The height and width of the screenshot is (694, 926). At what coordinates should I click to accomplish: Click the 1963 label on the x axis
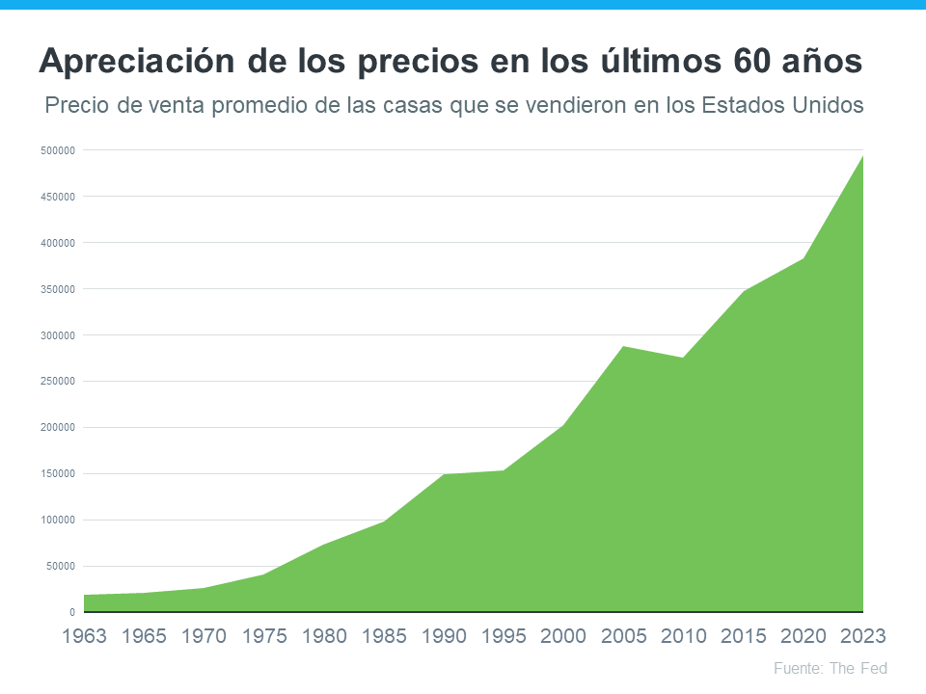pyautogui.click(x=85, y=636)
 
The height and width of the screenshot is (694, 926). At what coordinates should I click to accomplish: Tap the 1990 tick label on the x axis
pyautogui.click(x=444, y=636)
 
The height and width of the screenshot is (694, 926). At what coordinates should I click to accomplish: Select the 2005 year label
pyautogui.click(x=623, y=636)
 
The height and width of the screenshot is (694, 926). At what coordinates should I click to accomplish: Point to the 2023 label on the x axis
pyautogui.click(x=862, y=636)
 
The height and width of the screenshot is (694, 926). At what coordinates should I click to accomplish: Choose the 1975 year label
pyautogui.click(x=264, y=636)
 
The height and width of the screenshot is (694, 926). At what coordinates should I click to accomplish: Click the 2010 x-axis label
pyautogui.click(x=683, y=636)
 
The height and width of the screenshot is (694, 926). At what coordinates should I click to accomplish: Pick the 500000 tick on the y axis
pyautogui.click(x=59, y=150)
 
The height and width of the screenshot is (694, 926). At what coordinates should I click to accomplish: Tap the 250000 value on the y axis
pyautogui.click(x=59, y=382)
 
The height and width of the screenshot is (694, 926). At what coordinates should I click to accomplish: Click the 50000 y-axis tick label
pyautogui.click(x=61, y=567)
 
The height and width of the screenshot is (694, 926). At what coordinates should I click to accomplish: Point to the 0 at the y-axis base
pyautogui.click(x=72, y=612)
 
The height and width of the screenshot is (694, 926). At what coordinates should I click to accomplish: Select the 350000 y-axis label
pyautogui.click(x=59, y=289)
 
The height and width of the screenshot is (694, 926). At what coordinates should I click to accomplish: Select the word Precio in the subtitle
pyautogui.click(x=77, y=105)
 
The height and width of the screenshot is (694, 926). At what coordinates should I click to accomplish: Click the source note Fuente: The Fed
pyautogui.click(x=831, y=668)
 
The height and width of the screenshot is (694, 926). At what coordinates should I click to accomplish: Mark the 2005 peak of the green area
pyautogui.click(x=623, y=346)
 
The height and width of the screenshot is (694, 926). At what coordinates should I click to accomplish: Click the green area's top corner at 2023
pyautogui.click(x=861, y=156)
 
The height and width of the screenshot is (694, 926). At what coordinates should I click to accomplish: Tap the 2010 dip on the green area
pyautogui.click(x=683, y=359)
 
